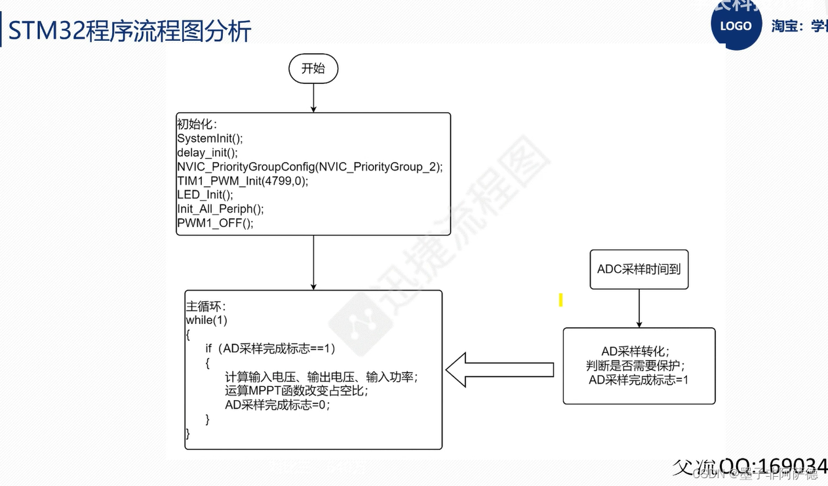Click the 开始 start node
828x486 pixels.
click(313, 69)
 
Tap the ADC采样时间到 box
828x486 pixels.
click(639, 269)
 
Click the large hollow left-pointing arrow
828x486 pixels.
click(500, 370)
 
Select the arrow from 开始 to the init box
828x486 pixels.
click(313, 98)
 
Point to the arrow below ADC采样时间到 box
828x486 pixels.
click(639, 308)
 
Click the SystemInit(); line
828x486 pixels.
click(210, 138)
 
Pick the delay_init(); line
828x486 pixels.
click(207, 153)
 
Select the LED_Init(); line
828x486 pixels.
click(205, 195)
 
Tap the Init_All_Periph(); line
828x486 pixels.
click(220, 209)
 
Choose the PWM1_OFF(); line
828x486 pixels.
click(214, 223)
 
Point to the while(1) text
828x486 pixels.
click(207, 320)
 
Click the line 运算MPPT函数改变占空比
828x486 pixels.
click(296, 391)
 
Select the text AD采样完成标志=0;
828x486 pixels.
click(277, 405)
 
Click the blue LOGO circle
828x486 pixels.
click(736, 26)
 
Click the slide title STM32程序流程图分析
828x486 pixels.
click(130, 31)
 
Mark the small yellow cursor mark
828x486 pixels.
click(561, 300)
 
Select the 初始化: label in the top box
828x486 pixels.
click(197, 124)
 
